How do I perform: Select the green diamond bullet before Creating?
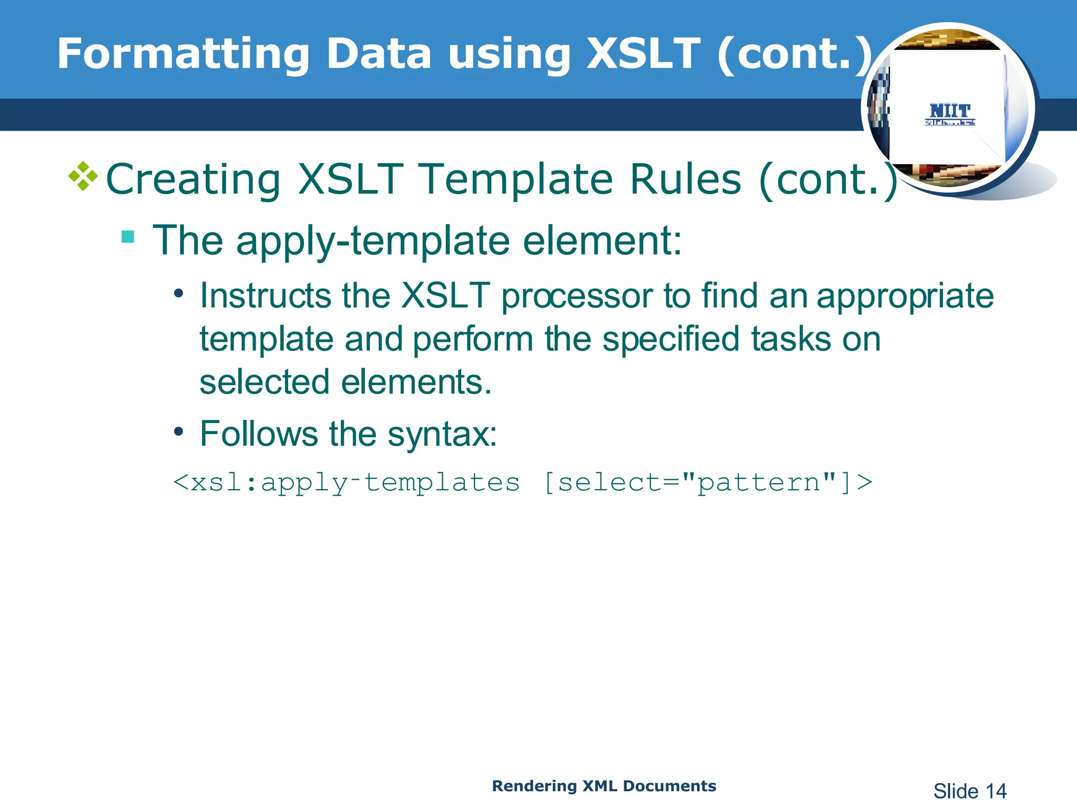(83, 176)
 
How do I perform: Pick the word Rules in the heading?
(686, 179)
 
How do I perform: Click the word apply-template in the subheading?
(373, 241)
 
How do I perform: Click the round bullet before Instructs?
(179, 294)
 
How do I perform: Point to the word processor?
(577, 296)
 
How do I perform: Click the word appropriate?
(905, 296)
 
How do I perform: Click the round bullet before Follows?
(179, 432)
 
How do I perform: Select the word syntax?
(442, 435)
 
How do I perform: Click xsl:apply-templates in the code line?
(347, 482)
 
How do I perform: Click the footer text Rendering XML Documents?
(604, 786)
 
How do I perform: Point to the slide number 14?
(995, 791)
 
